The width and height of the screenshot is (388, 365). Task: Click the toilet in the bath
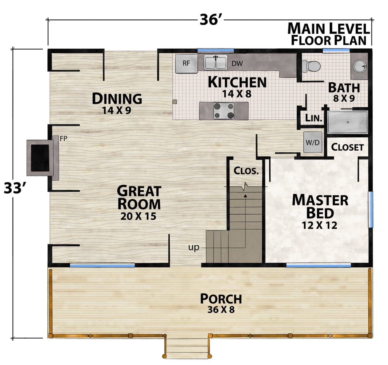tap(311, 66)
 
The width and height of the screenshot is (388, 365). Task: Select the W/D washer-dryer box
tap(313, 142)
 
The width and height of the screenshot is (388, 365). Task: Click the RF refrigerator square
tap(186, 63)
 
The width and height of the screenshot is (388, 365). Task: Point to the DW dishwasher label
tap(237, 63)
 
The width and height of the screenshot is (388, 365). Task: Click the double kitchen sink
tap(216, 62)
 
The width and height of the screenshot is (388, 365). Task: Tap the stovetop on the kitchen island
tap(224, 111)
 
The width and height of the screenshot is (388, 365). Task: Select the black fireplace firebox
tap(40, 158)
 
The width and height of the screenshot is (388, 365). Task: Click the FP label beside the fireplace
tap(64, 139)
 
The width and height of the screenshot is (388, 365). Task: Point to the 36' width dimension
tap(211, 20)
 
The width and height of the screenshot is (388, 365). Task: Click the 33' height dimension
tap(14, 188)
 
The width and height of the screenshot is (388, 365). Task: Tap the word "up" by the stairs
tap(194, 248)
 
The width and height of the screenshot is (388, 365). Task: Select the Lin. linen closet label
tap(313, 118)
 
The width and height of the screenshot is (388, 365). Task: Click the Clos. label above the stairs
tap(246, 171)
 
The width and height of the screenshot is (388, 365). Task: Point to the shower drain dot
tap(348, 122)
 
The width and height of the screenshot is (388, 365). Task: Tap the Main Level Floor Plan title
tap(329, 34)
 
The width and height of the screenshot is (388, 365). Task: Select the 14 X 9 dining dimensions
tap(117, 110)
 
